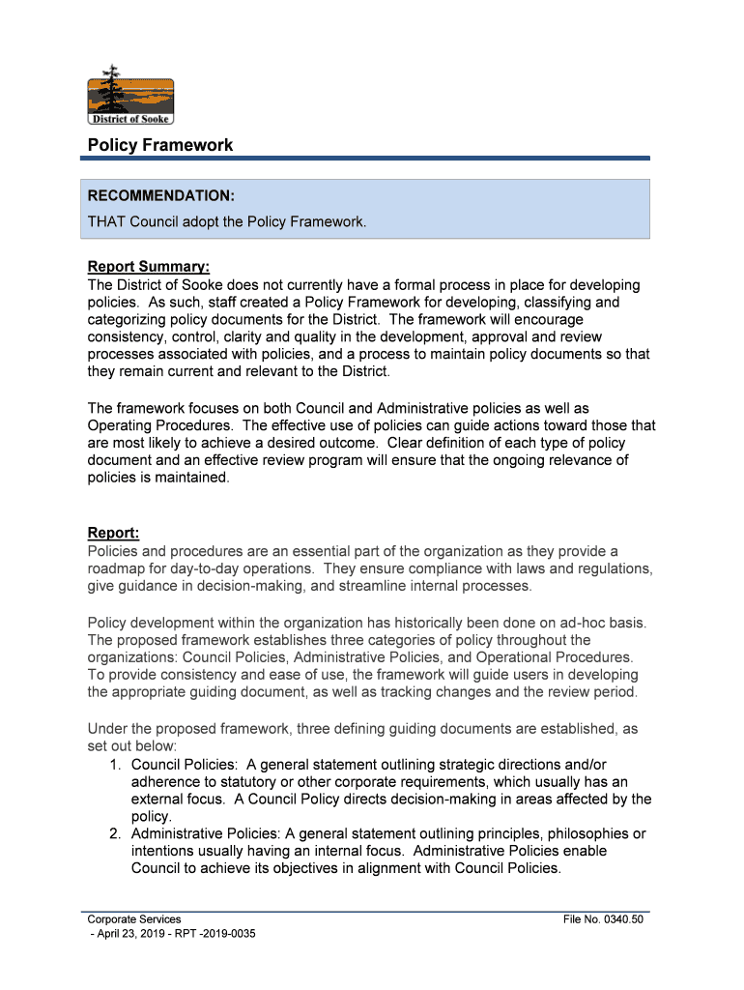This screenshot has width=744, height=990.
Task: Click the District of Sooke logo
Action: point(130,97)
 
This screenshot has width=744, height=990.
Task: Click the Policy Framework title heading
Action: point(160,145)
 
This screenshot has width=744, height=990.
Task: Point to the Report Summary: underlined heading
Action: point(149,267)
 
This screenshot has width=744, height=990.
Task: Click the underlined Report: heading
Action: point(114,534)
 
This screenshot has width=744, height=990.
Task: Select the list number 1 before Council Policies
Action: point(114,764)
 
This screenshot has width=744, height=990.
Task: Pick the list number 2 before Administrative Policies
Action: point(114,833)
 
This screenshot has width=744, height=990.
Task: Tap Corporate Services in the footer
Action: point(134,919)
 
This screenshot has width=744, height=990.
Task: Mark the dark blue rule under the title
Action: point(368,158)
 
